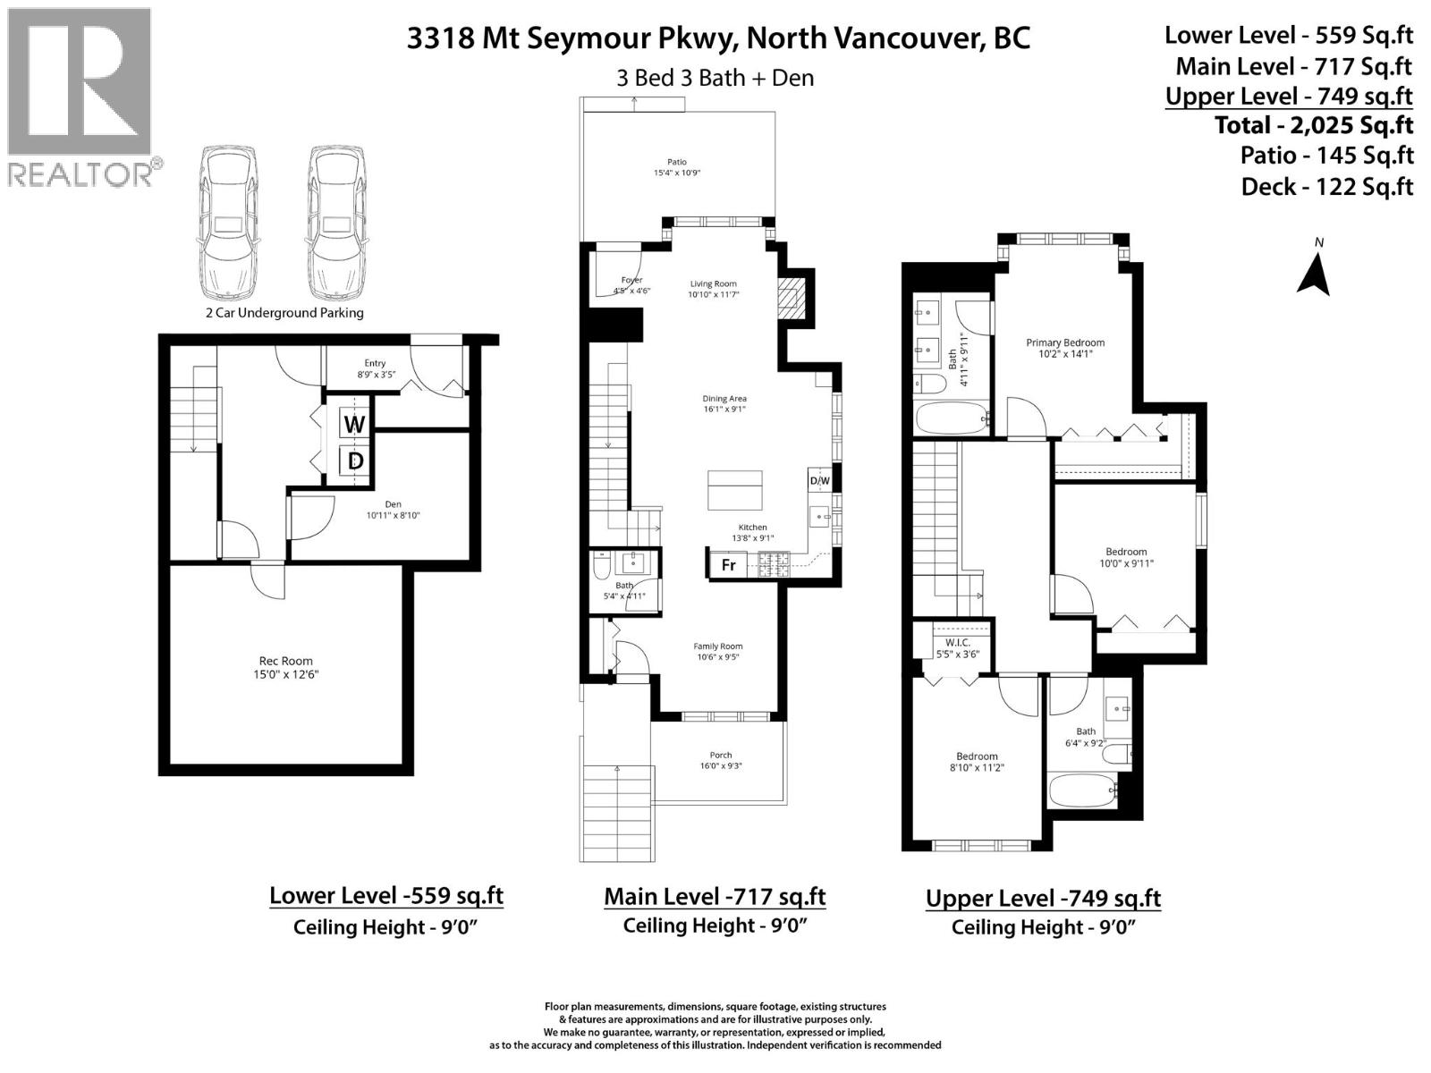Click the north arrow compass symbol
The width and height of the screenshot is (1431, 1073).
pos(1314,273)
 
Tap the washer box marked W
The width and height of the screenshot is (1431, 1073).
pos(354,424)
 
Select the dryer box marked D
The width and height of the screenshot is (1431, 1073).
pos(355,461)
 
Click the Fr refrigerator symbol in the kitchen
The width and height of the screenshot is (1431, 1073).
pos(729,565)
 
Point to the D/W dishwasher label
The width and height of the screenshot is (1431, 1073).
pos(819,481)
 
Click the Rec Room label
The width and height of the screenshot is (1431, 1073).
pos(285,662)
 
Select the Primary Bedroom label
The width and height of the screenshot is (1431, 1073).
pos(1064,342)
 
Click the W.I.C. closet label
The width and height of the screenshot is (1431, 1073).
pos(956,643)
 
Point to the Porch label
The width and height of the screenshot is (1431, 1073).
pos(720,755)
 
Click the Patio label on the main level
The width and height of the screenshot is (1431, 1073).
pos(676,162)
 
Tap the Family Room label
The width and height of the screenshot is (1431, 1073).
pos(717,646)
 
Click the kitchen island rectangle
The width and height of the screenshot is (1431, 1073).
pos(735,490)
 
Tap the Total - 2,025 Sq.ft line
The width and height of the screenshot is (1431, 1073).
pos(1313,125)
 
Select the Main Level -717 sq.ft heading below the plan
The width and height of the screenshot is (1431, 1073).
pos(715,896)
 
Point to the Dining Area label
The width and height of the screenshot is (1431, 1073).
pos(724,399)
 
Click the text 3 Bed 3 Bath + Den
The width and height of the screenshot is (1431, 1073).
pos(715,78)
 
